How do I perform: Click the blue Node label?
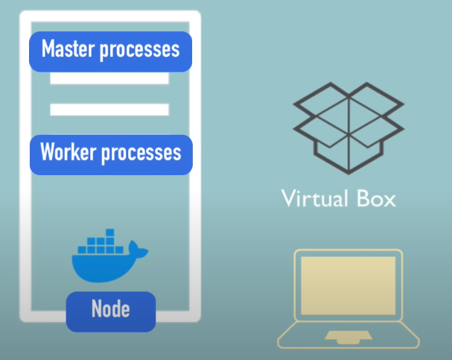[x=111, y=309]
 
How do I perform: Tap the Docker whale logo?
[x=105, y=260]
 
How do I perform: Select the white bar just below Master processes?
[x=109, y=78]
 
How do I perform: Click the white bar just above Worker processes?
[x=109, y=110]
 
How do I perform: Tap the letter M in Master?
[x=48, y=50]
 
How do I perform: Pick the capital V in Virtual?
[x=288, y=198]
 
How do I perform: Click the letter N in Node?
[x=96, y=309]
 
